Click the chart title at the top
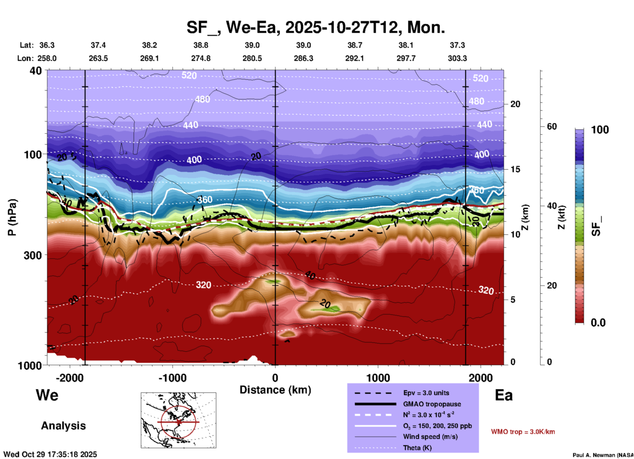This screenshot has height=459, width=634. click(315, 27)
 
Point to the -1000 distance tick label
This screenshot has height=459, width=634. click(172, 378)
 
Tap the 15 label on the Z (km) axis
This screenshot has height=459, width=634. click(515, 169)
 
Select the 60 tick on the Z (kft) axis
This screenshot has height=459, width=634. click(552, 126)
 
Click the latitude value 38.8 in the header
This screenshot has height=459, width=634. click(200, 45)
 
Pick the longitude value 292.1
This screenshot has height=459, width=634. click(355, 58)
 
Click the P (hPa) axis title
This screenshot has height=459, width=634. click(12, 217)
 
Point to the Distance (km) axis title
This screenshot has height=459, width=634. click(275, 390)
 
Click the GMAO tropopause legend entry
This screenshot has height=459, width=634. click(432, 404)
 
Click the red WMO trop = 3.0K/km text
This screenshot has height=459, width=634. click(523, 432)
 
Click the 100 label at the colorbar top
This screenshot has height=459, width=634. click(600, 130)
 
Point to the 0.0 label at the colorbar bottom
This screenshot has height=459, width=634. click(598, 323)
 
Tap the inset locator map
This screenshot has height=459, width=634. click(178, 420)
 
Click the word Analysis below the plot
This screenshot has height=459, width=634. click(63, 426)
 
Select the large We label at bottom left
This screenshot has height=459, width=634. click(47, 395)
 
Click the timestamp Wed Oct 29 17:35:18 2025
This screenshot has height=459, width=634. click(50, 454)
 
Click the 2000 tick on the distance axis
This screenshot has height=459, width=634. click(481, 378)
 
